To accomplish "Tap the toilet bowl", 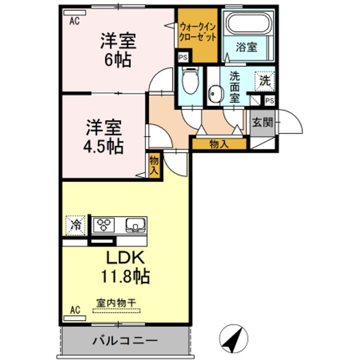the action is point(190,80).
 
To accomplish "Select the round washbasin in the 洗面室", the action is point(216,94).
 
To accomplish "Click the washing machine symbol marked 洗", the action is point(265,81).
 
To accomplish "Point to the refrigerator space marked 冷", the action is point(75,225).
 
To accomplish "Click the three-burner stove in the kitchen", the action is point(104,224).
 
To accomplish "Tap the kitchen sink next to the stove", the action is point(135,225).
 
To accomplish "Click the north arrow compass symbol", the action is point(233,338).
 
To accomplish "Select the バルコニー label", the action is point(125,340).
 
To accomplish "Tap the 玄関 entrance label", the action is point(262,122).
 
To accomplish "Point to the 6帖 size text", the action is point(118,60).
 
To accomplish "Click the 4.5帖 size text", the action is point(103,146).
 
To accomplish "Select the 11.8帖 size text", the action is point(125,276).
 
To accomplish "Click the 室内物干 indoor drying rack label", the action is point(116,303).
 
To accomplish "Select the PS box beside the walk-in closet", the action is point(183,57).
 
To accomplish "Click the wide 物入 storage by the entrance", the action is point(219,144).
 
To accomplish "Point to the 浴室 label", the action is point(246,47).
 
